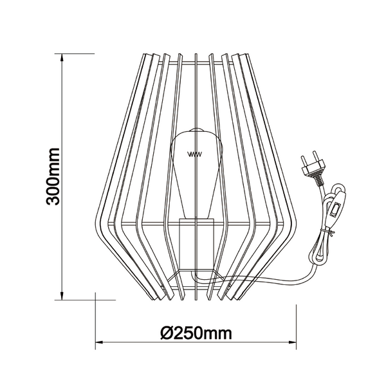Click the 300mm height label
(54, 176)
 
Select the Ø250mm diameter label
(196, 333)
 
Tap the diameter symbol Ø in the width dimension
(165, 333)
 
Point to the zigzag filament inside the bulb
(194, 154)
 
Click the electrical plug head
(313, 169)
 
